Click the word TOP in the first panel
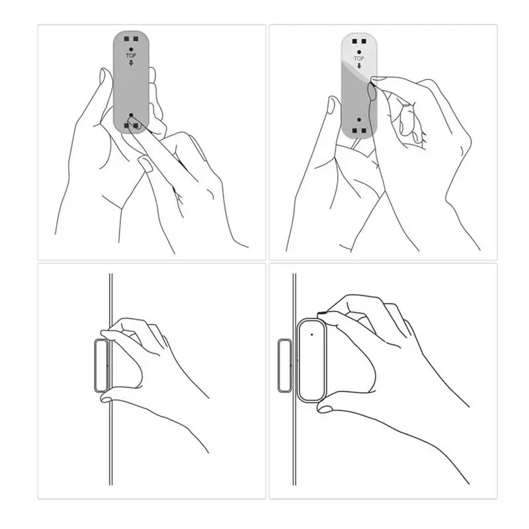point(131,56)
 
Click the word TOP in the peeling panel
point(359,59)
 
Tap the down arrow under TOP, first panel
point(131,63)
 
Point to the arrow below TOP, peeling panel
point(359,66)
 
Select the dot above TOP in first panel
point(131,50)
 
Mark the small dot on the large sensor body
point(311,333)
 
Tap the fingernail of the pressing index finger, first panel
point(145,161)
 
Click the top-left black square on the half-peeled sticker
point(354,40)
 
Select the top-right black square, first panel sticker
point(136,37)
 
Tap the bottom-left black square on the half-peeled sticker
point(354,130)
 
